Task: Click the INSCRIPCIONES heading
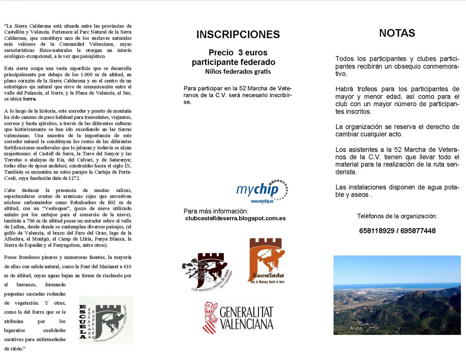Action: pyautogui.click(x=238, y=34)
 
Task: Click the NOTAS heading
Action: pyautogui.click(x=397, y=33)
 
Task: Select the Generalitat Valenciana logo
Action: pyautogui.click(x=238, y=318)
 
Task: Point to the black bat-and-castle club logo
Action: pyautogui.click(x=207, y=271)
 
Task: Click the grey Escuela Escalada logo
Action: pyautogui.click(x=106, y=320)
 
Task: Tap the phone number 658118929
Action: pyautogui.click(x=377, y=231)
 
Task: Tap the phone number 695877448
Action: pyautogui.click(x=418, y=231)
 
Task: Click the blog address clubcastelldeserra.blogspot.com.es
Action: pyautogui.click(x=235, y=218)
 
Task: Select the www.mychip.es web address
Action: pyautogui.click(x=262, y=201)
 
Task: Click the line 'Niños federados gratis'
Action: pyautogui.click(x=238, y=72)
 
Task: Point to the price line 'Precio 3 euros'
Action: pyautogui.click(x=238, y=52)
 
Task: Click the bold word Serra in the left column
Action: pyautogui.click(x=29, y=99)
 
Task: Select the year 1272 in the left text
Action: pyautogui.click(x=74, y=178)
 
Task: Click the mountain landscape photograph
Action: pyautogui.click(x=397, y=295)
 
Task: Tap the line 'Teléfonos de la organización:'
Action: pyautogui.click(x=397, y=216)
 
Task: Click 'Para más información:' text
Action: pyautogui.click(x=216, y=211)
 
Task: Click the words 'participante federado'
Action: pyautogui.click(x=233, y=62)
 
